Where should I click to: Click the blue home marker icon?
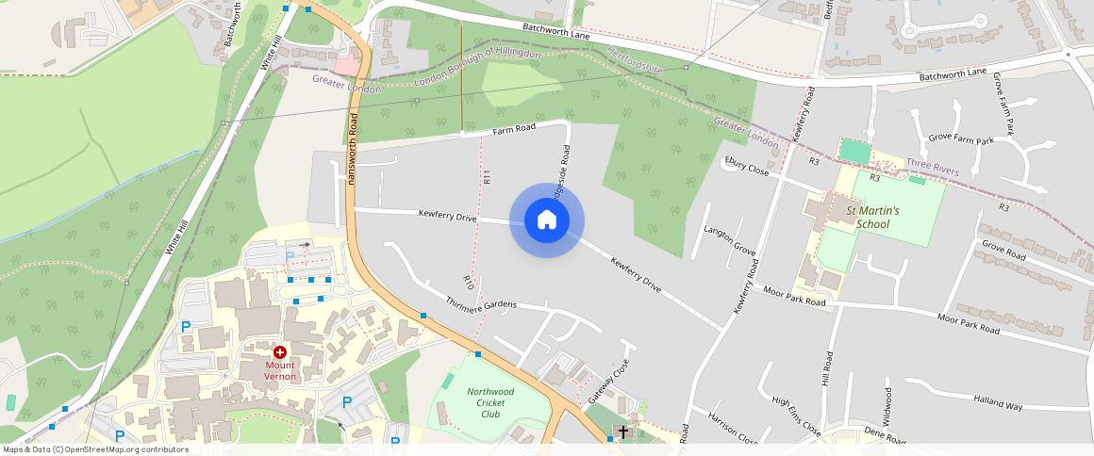point(547,220)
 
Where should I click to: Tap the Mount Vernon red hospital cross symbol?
point(280,351)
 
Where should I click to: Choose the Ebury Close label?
point(746,167)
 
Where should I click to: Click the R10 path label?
point(468,281)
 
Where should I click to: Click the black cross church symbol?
point(622,432)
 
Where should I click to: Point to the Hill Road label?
point(827,368)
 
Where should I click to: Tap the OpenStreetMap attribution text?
point(95,449)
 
